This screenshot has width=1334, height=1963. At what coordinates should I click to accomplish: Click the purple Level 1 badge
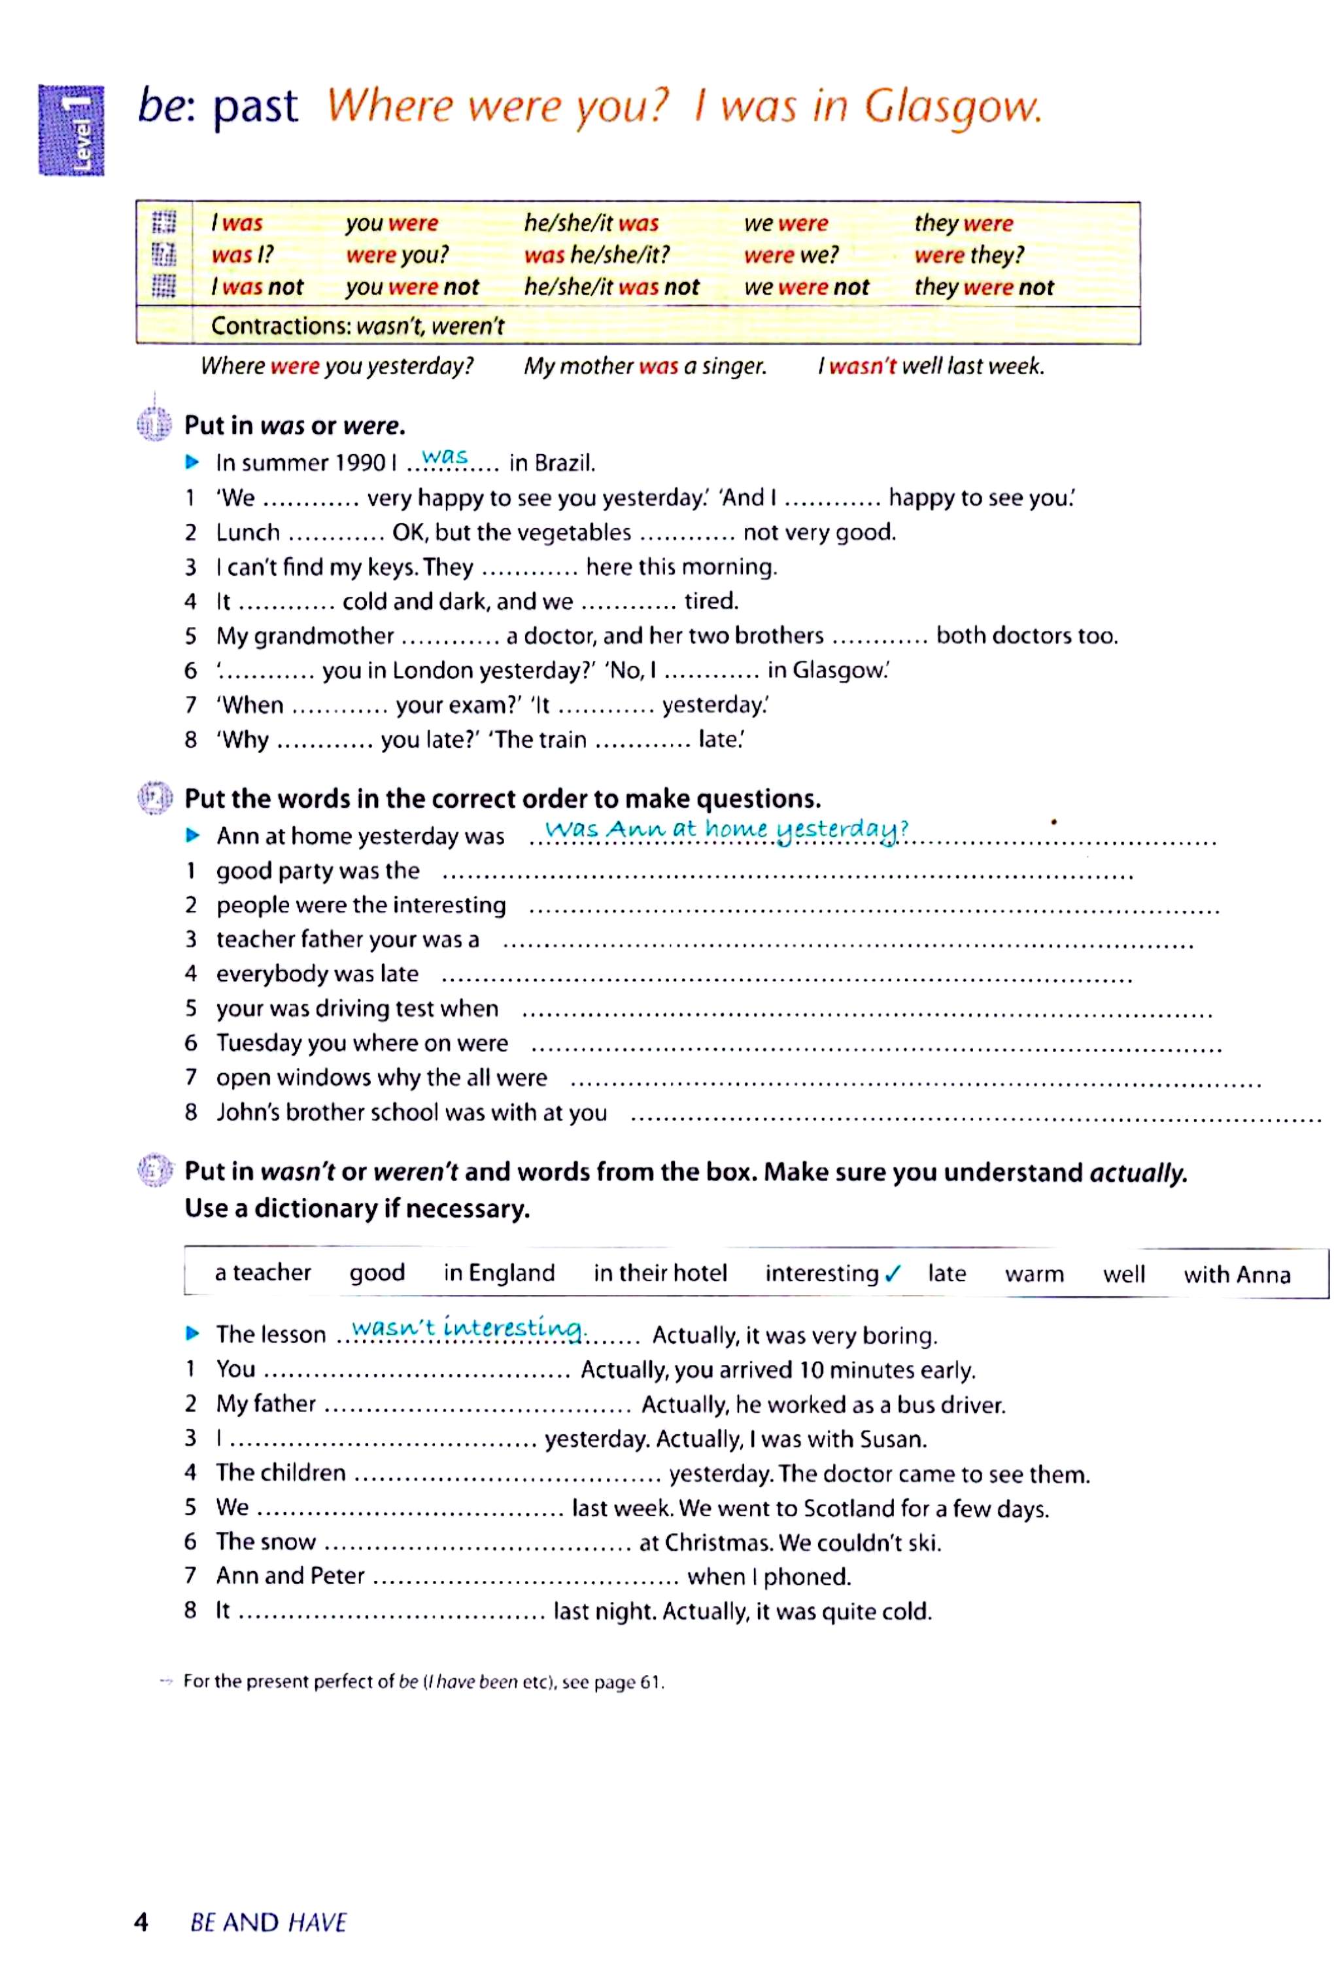72,130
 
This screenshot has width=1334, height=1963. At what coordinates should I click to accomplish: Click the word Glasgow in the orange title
951,107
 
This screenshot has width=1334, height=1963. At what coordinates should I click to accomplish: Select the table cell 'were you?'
397,255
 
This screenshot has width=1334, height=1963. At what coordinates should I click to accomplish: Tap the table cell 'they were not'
983,287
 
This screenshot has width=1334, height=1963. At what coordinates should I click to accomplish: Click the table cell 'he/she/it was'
591,223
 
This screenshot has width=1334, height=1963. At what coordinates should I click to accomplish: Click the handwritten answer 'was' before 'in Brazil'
445,456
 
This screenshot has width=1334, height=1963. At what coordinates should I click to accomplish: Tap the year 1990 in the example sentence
362,463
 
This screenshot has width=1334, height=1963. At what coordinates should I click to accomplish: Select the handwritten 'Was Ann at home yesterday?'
726,830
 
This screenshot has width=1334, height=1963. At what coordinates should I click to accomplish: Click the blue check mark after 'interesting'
893,1274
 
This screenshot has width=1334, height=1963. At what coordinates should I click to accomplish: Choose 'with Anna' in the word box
1237,1275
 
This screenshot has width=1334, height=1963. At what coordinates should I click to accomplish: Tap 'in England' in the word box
499,1273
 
